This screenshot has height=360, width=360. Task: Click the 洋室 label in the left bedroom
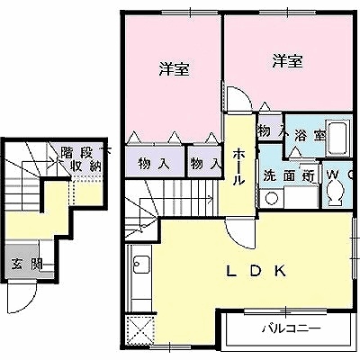174,69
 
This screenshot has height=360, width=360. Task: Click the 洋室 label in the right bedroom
287,61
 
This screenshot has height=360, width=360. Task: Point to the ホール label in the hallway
238,166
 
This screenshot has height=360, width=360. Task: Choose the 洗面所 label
288,176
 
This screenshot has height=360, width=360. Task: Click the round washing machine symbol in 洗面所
271,199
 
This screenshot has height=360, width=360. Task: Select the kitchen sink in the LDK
141,265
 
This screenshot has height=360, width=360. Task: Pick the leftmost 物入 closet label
152,165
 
